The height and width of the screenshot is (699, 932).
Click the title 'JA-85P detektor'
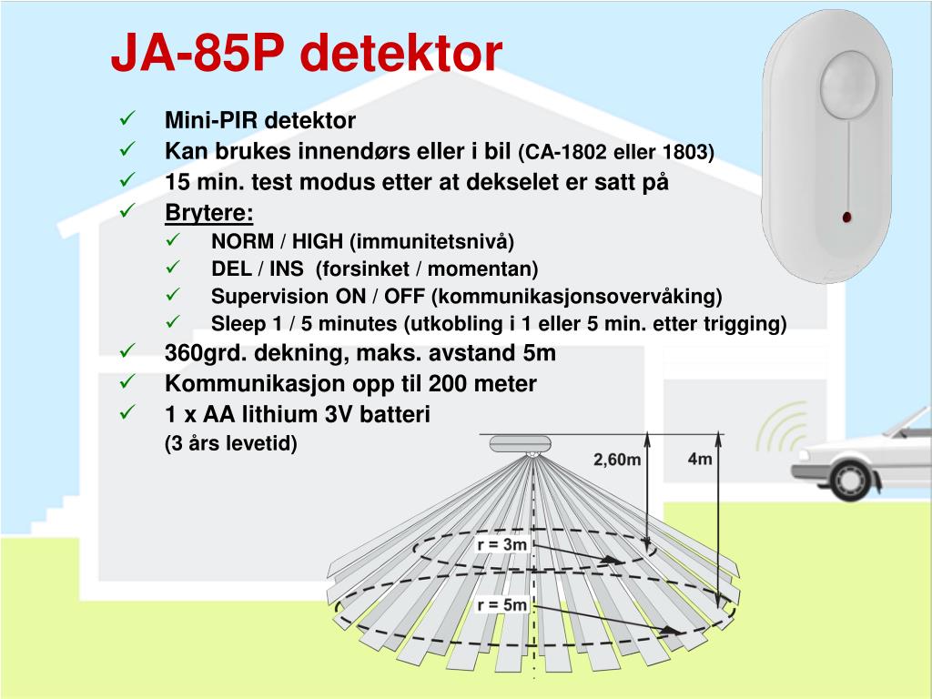pyautogui.click(x=306, y=55)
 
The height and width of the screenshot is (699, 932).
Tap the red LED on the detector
pyautogui.click(x=846, y=217)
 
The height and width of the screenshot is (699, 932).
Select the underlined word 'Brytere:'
pyautogui.click(x=208, y=213)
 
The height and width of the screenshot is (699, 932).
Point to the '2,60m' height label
pyautogui.click(x=617, y=461)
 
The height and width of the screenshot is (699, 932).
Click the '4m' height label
pyautogui.click(x=699, y=459)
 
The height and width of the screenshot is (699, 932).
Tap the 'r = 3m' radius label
pyautogui.click(x=501, y=545)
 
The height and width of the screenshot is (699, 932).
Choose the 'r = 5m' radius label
pyautogui.click(x=501, y=604)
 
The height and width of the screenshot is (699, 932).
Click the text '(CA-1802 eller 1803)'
pyautogui.click(x=616, y=153)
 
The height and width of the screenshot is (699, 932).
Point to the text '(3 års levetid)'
pyautogui.click(x=231, y=444)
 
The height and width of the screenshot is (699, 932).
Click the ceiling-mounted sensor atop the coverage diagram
pyautogui.click(x=519, y=444)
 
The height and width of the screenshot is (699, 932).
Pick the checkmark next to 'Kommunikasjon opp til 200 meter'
pyautogui.click(x=127, y=382)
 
